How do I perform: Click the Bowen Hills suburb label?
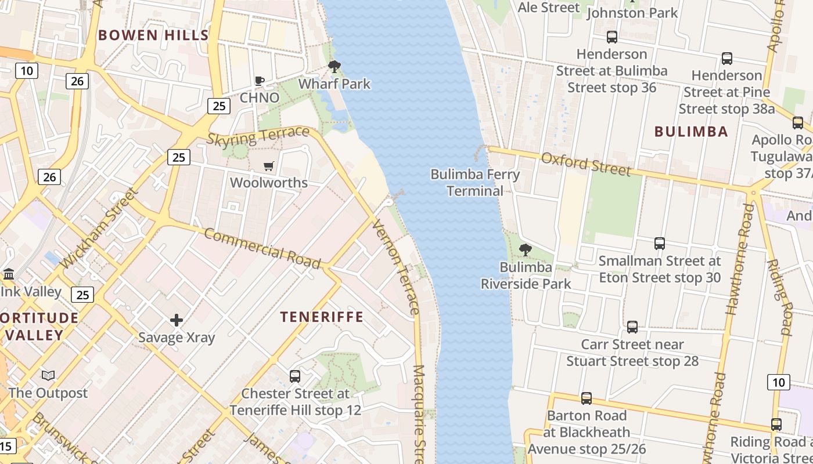pyautogui.click(x=153, y=35)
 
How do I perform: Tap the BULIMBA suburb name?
pyautogui.click(x=691, y=132)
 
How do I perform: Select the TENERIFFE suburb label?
pyautogui.click(x=322, y=317)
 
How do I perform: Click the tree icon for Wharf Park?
pyautogui.click(x=334, y=67)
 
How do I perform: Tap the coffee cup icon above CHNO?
pyautogui.click(x=260, y=81)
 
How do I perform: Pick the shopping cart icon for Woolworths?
pyautogui.click(x=268, y=166)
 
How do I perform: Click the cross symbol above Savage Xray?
pyautogui.click(x=177, y=320)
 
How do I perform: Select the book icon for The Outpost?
pyautogui.click(x=48, y=376)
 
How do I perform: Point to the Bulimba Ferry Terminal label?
pyautogui.click(x=475, y=182)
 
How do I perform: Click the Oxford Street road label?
pyautogui.click(x=585, y=164)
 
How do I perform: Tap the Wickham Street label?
pyautogui.click(x=98, y=227)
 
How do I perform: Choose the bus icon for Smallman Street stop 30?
pyautogui.click(x=659, y=244)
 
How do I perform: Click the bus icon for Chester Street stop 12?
pyautogui.click(x=295, y=376)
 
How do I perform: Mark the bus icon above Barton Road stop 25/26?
pyautogui.click(x=587, y=398)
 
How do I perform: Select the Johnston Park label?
pyautogui.click(x=632, y=13)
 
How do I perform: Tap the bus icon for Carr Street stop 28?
pyautogui.click(x=632, y=327)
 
